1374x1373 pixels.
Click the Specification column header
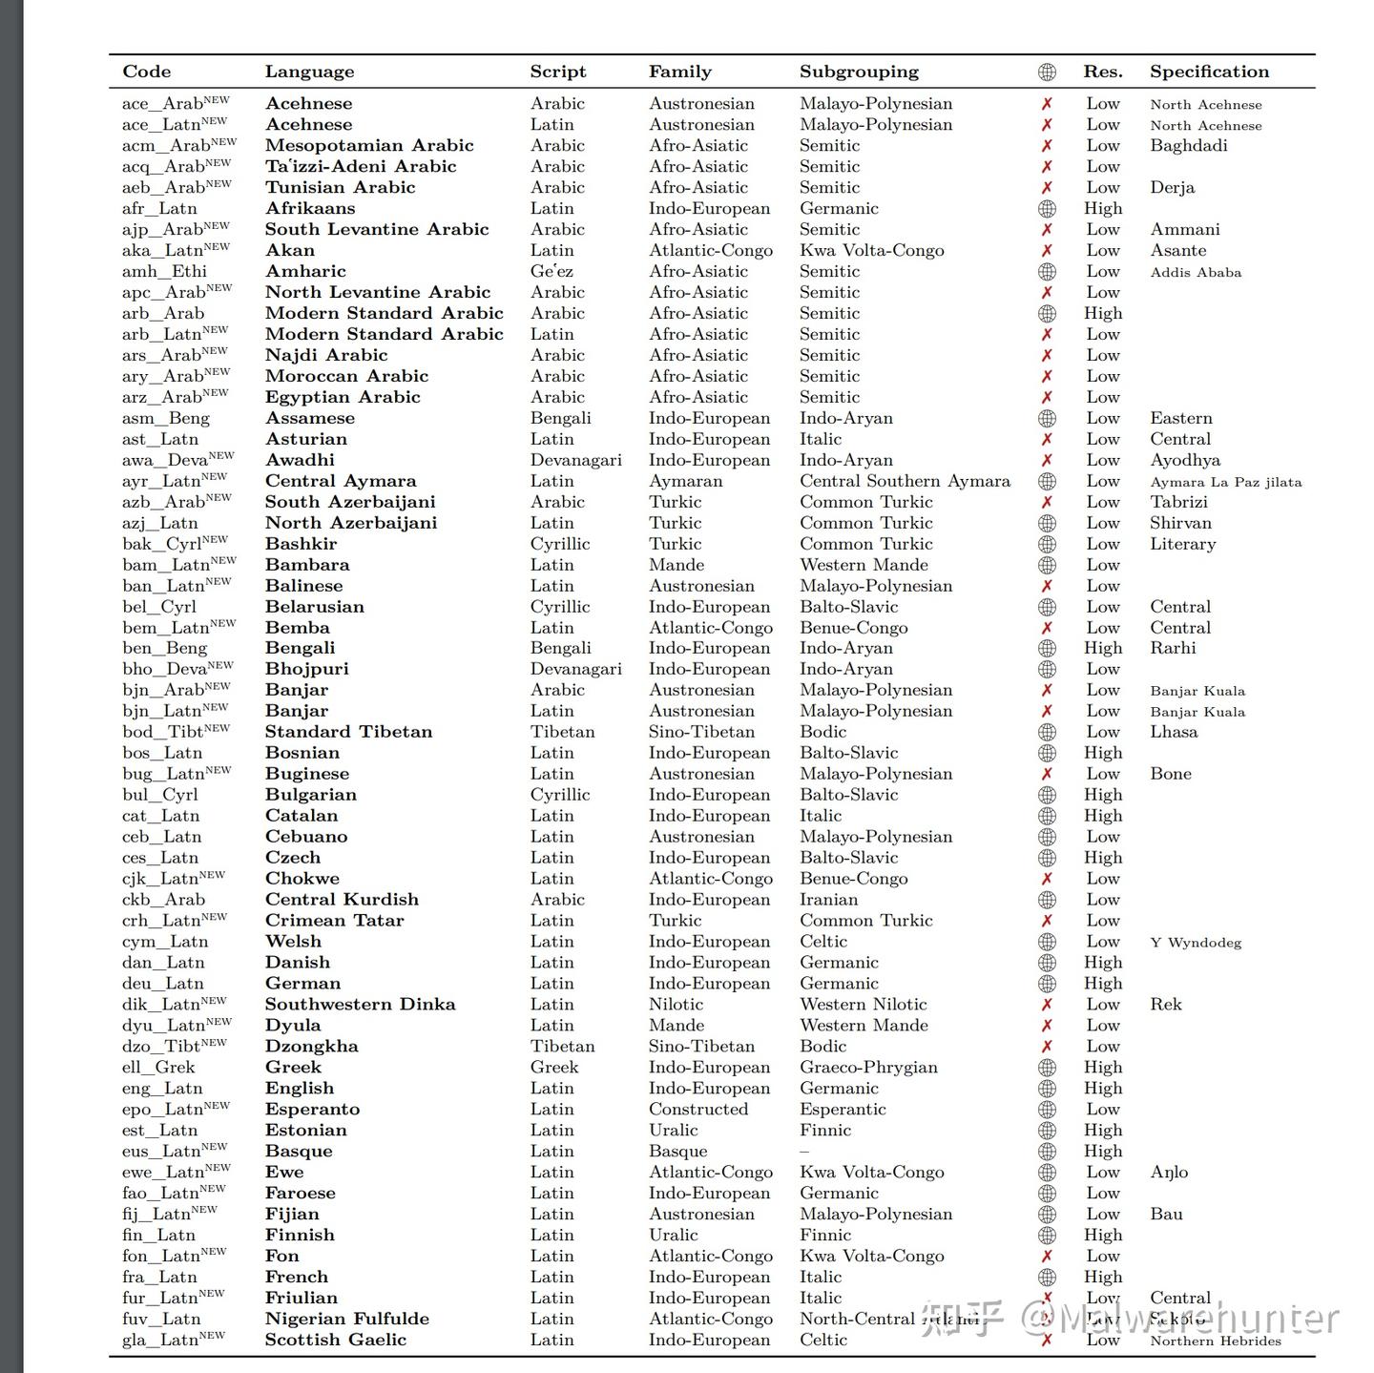(1209, 72)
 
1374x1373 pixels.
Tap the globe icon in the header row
(1047, 72)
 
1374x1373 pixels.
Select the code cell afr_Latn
(159, 208)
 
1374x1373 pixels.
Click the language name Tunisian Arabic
(340, 187)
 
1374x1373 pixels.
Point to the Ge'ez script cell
(552, 271)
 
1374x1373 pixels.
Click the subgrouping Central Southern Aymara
(905, 481)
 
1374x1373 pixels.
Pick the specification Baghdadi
(1188, 145)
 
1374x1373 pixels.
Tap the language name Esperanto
(312, 1109)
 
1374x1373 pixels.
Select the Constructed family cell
(697, 1109)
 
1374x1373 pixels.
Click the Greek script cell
(554, 1067)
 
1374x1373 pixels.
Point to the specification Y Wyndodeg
(1196, 942)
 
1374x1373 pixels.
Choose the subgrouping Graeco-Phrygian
(868, 1067)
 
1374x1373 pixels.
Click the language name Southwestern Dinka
(360, 1004)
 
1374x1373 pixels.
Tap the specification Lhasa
(1173, 732)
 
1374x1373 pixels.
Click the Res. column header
(1102, 72)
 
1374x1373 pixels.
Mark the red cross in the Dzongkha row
(1047, 1046)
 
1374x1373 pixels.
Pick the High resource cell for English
(1103, 1088)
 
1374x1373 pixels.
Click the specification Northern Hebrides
(1215, 1340)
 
